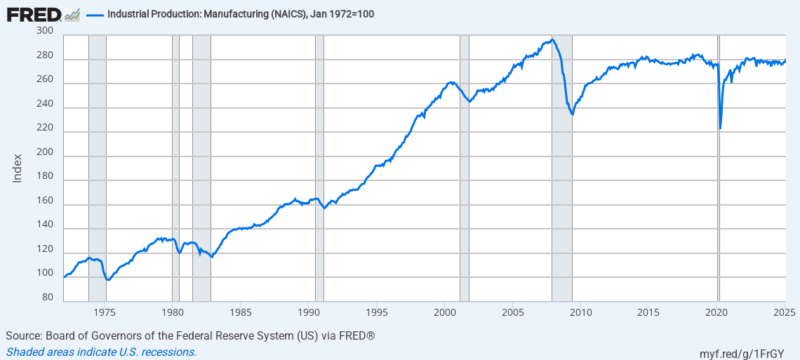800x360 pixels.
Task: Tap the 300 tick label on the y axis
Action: tap(45, 31)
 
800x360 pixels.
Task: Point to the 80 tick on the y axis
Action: tap(48, 298)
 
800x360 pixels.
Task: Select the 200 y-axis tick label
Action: tap(45, 152)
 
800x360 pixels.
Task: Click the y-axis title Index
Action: tap(18, 168)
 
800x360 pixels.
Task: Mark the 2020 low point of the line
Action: tap(721, 128)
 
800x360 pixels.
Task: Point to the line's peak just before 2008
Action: tap(553, 39)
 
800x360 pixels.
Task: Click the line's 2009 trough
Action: tap(573, 114)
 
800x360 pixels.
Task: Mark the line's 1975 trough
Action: tap(107, 279)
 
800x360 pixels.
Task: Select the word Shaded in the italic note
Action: tap(24, 352)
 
